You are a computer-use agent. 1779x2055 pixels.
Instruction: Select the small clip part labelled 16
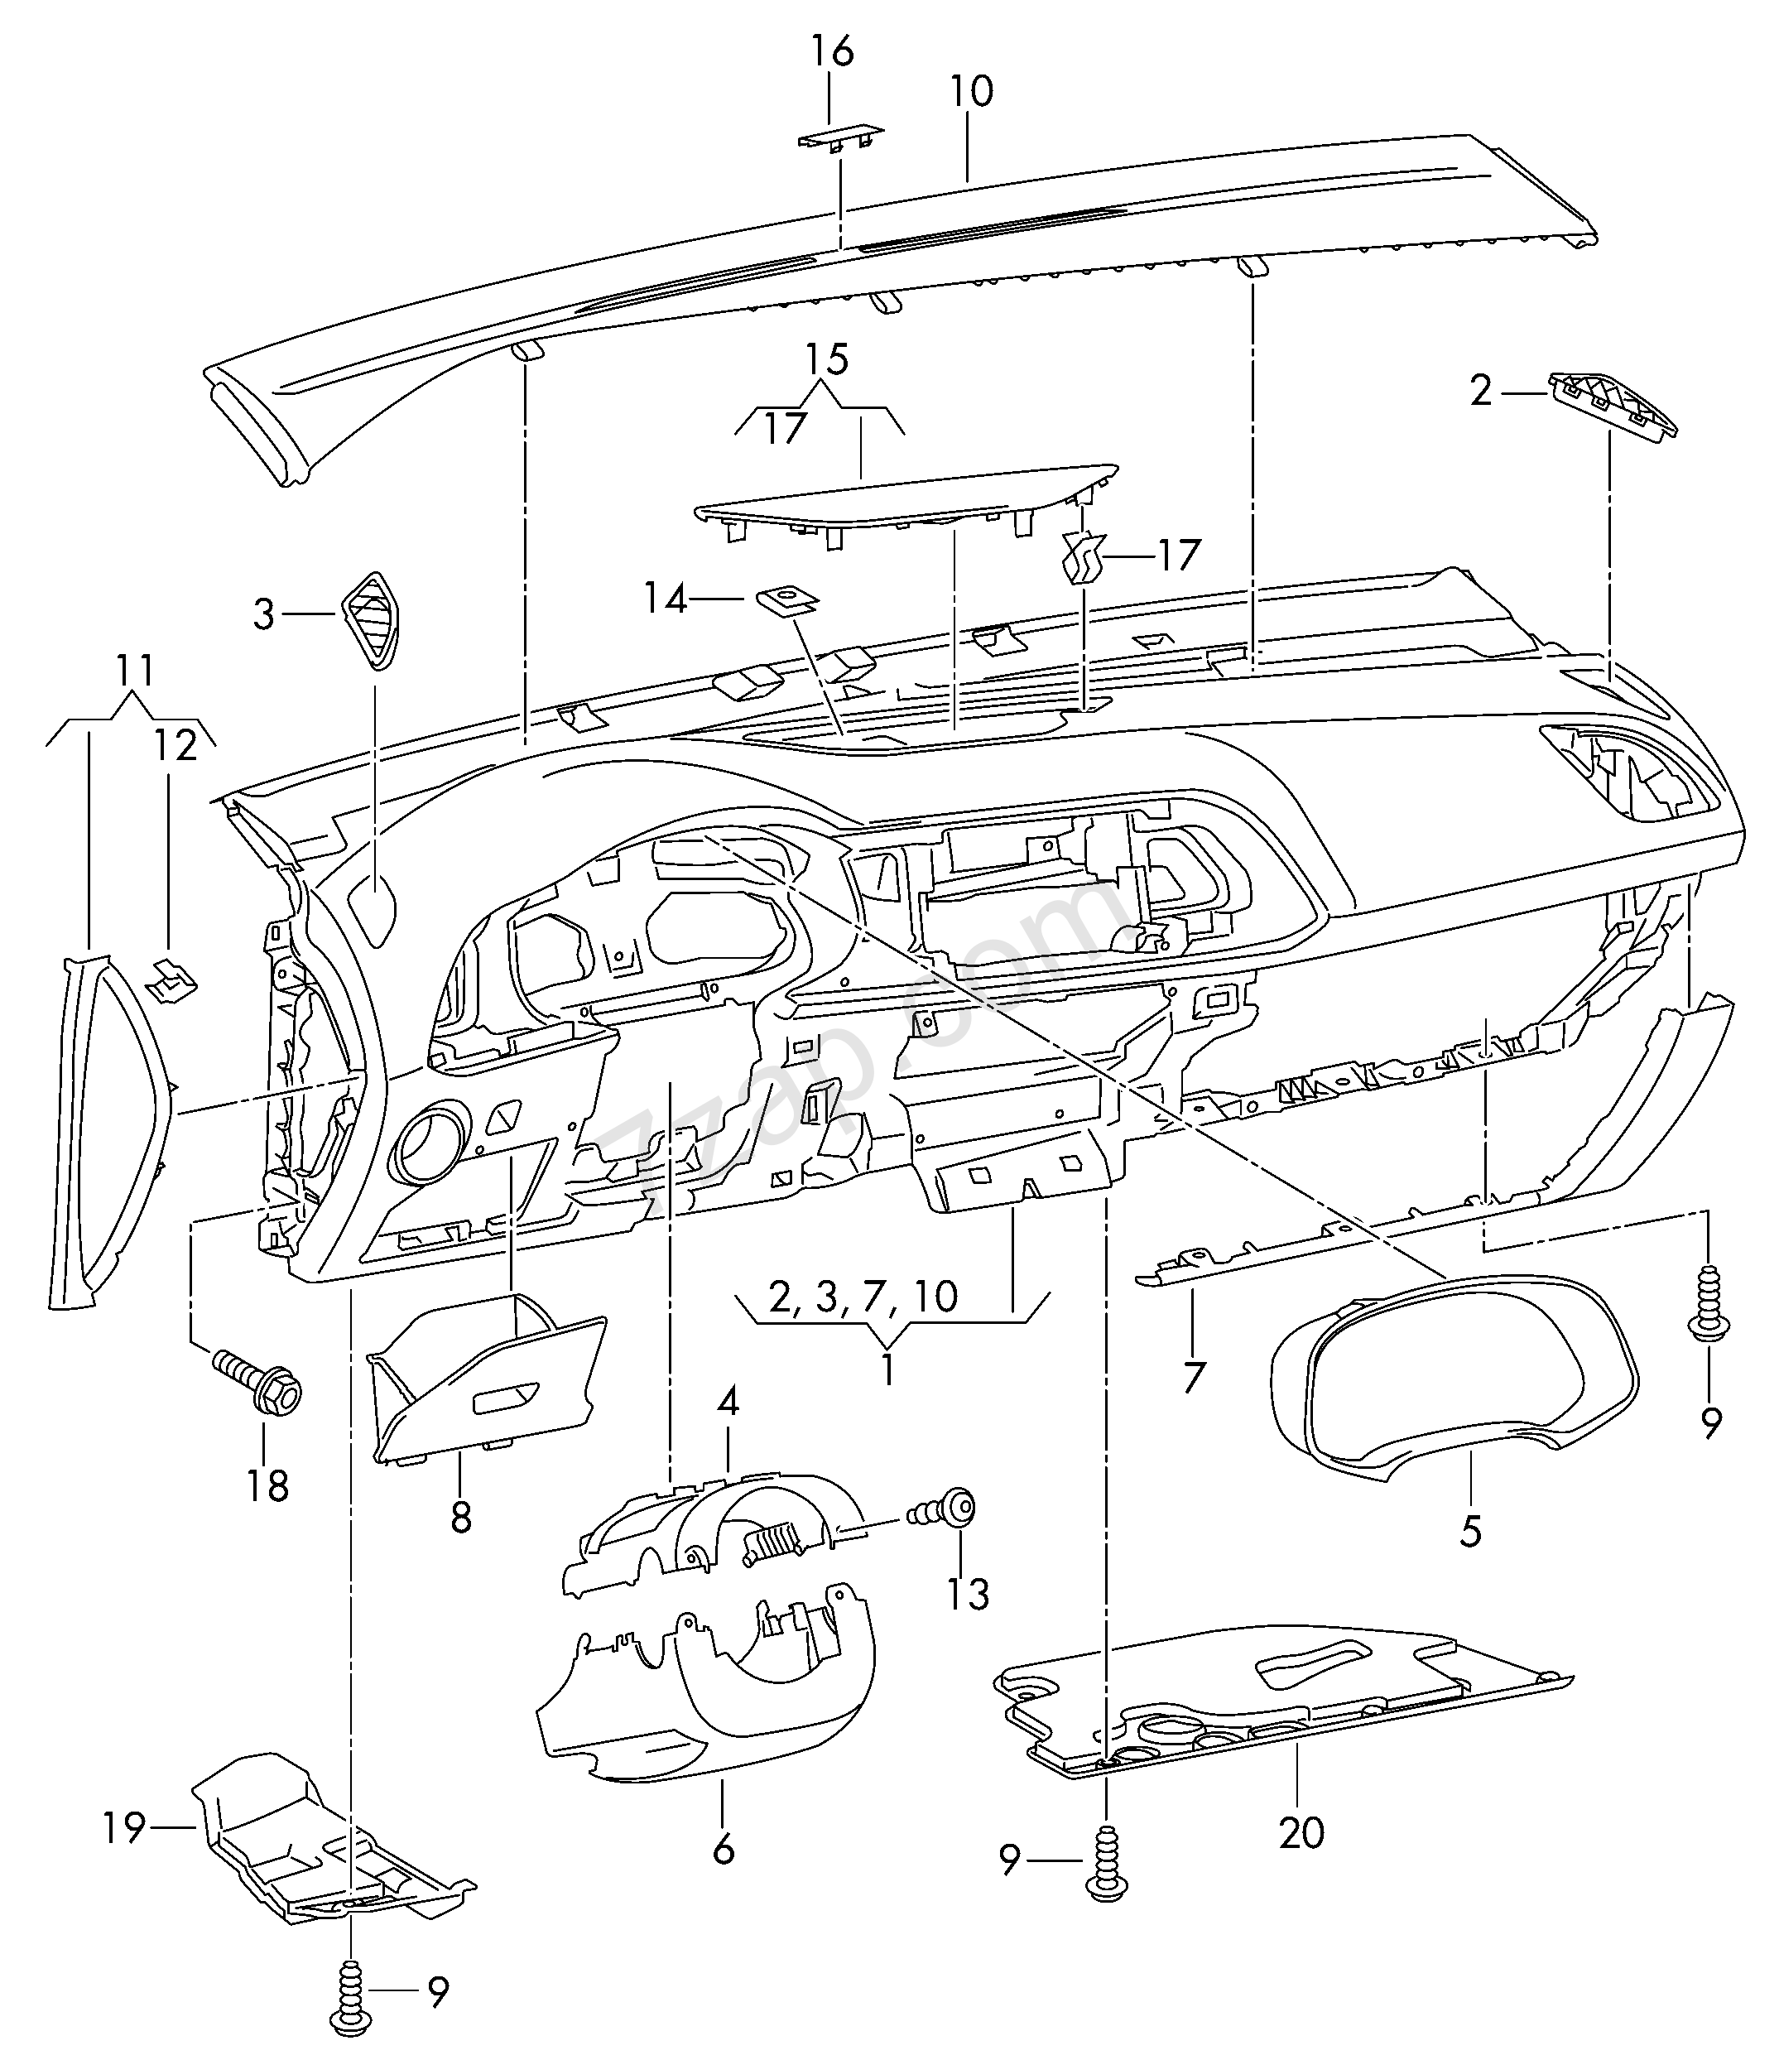point(840,136)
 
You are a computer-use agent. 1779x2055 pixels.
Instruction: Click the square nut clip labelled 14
point(786,600)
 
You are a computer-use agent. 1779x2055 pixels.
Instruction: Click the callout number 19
point(124,1826)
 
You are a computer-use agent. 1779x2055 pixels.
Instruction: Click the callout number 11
point(134,671)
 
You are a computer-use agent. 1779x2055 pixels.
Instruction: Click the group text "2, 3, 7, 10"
point(862,1296)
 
